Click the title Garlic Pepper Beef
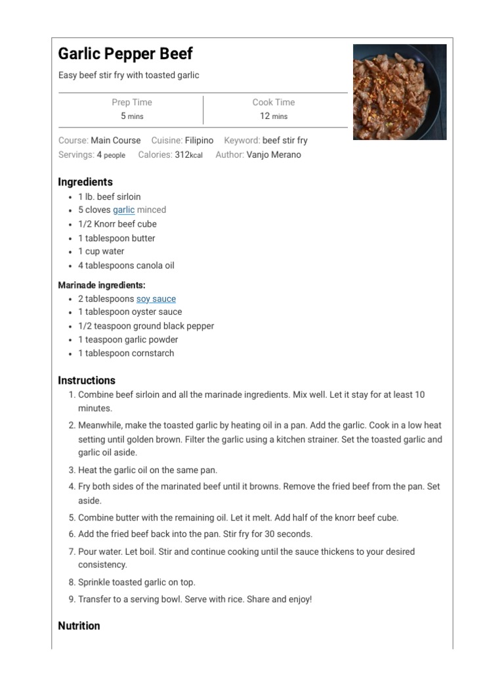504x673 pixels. click(125, 54)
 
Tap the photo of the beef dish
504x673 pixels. click(400, 92)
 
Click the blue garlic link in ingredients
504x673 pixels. click(123, 210)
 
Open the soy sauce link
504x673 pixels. click(156, 298)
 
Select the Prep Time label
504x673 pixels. click(131, 102)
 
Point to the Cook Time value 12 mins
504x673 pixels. click(274, 116)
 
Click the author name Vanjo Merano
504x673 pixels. click(274, 154)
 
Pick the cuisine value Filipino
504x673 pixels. click(199, 140)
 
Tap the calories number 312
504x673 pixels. click(182, 154)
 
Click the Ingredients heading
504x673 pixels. click(85, 182)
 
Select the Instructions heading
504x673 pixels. click(87, 381)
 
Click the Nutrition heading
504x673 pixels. click(79, 626)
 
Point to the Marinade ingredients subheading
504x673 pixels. click(102, 285)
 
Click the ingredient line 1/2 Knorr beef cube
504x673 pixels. click(117, 224)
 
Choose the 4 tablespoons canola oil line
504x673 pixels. click(126, 266)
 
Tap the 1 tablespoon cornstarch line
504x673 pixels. click(126, 353)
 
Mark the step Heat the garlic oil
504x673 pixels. click(148, 470)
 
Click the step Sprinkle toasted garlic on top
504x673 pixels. click(136, 582)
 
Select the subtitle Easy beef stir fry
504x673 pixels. click(129, 75)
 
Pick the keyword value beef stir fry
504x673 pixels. click(285, 140)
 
